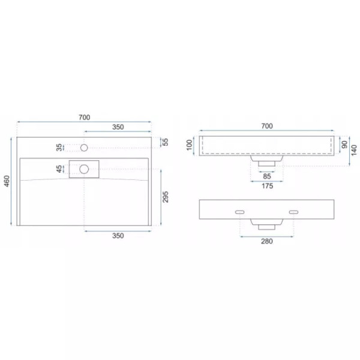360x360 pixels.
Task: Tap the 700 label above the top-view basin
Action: point(84,118)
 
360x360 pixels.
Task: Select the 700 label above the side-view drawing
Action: point(267,125)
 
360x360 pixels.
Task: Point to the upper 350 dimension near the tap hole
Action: point(118,127)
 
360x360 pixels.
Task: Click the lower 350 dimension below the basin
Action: point(118,236)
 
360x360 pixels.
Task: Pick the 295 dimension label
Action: point(166,198)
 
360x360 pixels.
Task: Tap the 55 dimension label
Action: point(166,142)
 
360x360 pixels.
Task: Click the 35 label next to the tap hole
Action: point(59,147)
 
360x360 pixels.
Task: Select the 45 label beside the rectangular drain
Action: point(59,169)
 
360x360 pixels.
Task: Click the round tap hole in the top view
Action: point(85,147)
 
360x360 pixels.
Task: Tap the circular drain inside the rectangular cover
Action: point(85,169)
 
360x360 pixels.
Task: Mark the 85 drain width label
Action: point(267,176)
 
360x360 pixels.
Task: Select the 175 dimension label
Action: point(267,187)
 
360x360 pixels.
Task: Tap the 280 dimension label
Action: point(267,242)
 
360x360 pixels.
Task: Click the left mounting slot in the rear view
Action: point(239,212)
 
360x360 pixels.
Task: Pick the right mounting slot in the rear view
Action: point(294,212)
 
